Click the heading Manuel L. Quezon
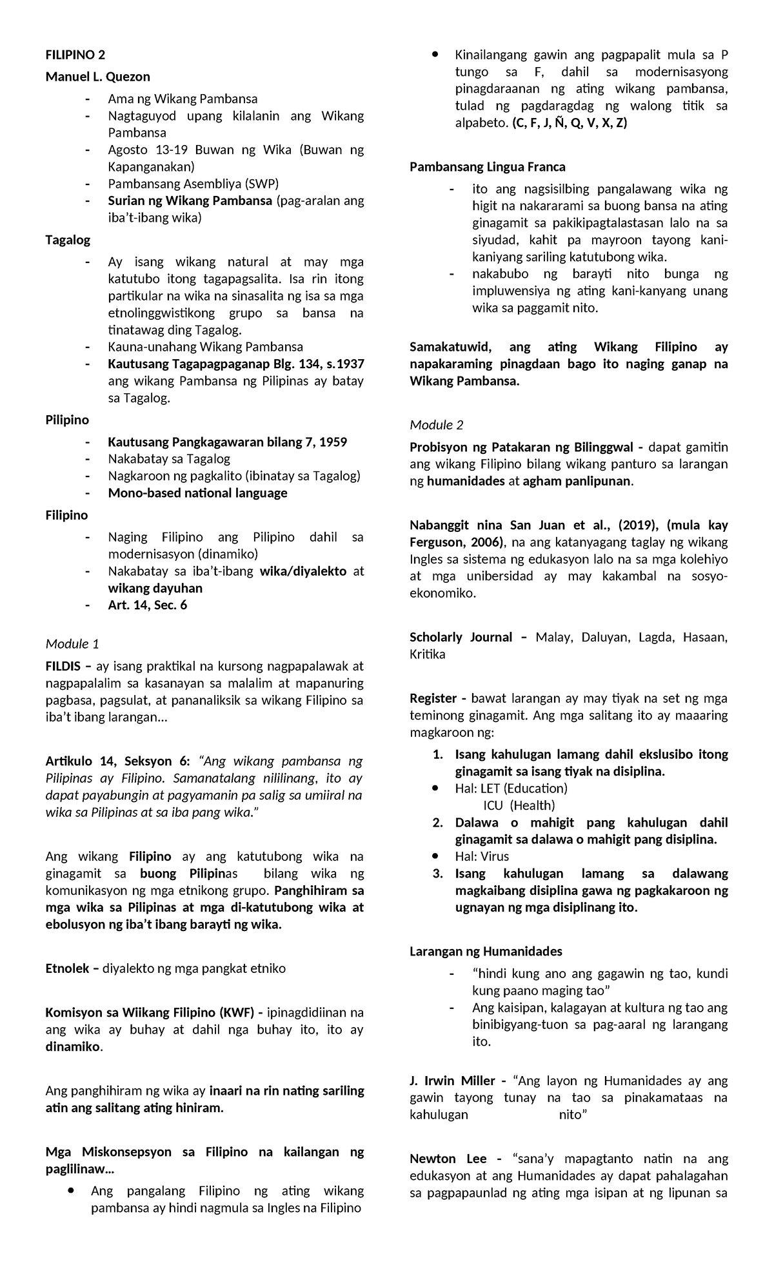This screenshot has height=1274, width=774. point(97,77)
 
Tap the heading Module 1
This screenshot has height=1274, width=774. point(72,643)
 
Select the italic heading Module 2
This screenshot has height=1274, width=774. point(437,425)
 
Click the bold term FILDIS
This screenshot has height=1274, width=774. point(63,666)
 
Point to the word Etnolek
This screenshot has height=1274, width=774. point(67,968)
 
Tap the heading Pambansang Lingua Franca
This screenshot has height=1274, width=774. point(488,167)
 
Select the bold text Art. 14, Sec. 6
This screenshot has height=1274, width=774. point(148,605)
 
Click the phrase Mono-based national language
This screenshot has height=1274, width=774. point(197,493)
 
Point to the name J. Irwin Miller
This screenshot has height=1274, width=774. point(452,1081)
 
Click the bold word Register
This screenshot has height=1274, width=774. point(433,698)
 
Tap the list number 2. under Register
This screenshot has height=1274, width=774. point(437,823)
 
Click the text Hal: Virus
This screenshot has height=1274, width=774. point(482,856)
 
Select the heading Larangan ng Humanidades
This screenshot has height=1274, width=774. point(486,951)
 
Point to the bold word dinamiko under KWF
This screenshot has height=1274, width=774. point(72,1047)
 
